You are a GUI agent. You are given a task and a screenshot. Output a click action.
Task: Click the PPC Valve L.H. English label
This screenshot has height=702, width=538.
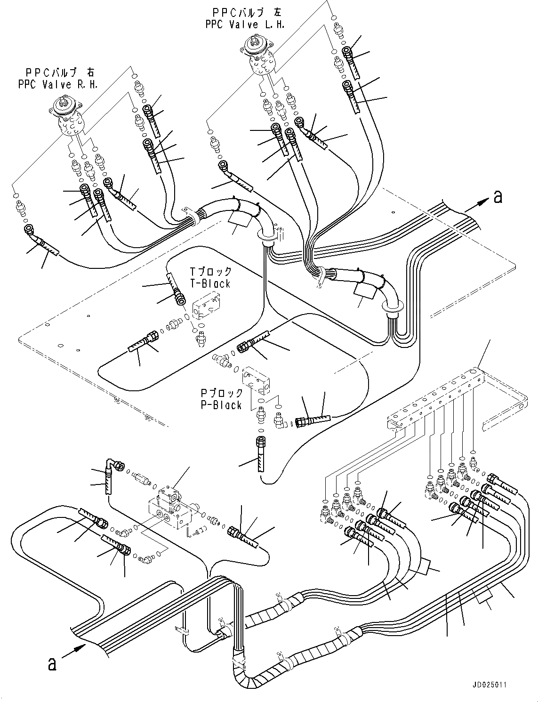pyautogui.click(x=245, y=24)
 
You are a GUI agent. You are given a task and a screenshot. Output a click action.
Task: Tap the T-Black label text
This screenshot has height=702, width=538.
pyautogui.click(x=210, y=283)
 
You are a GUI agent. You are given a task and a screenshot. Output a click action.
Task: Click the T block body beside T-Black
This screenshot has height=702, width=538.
pyautogui.click(x=206, y=306)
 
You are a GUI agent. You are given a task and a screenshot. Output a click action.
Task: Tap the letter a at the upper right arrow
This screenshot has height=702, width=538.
pyautogui.click(x=498, y=197)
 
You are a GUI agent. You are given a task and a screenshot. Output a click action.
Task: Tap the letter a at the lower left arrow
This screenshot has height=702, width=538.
pyautogui.click(x=52, y=664)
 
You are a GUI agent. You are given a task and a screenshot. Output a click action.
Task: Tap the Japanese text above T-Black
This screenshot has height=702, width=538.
pyautogui.click(x=210, y=272)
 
